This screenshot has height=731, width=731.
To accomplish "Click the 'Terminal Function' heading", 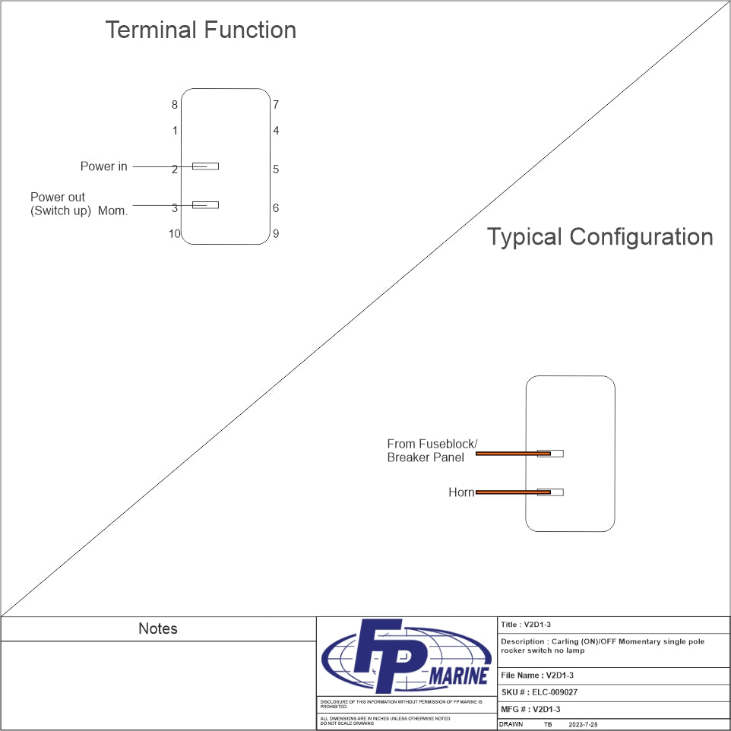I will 201,30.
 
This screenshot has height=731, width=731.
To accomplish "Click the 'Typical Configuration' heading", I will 600,236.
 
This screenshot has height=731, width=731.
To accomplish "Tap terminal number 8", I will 175,105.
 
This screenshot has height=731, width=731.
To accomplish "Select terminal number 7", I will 276,105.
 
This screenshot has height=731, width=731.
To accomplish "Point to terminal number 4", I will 276,131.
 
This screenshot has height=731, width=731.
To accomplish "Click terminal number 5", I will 276,169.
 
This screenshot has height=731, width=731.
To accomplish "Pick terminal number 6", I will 276,207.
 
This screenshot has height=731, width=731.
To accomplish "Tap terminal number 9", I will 276,233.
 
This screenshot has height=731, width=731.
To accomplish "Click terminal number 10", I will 175,233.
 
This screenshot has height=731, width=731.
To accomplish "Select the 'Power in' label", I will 104,166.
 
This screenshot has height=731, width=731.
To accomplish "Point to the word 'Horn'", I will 461,492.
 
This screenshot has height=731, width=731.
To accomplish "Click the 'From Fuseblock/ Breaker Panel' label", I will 432,450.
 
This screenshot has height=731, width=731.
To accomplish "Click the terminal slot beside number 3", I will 206,204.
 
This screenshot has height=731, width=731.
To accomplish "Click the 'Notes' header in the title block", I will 158,628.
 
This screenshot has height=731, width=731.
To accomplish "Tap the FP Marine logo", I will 406,657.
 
